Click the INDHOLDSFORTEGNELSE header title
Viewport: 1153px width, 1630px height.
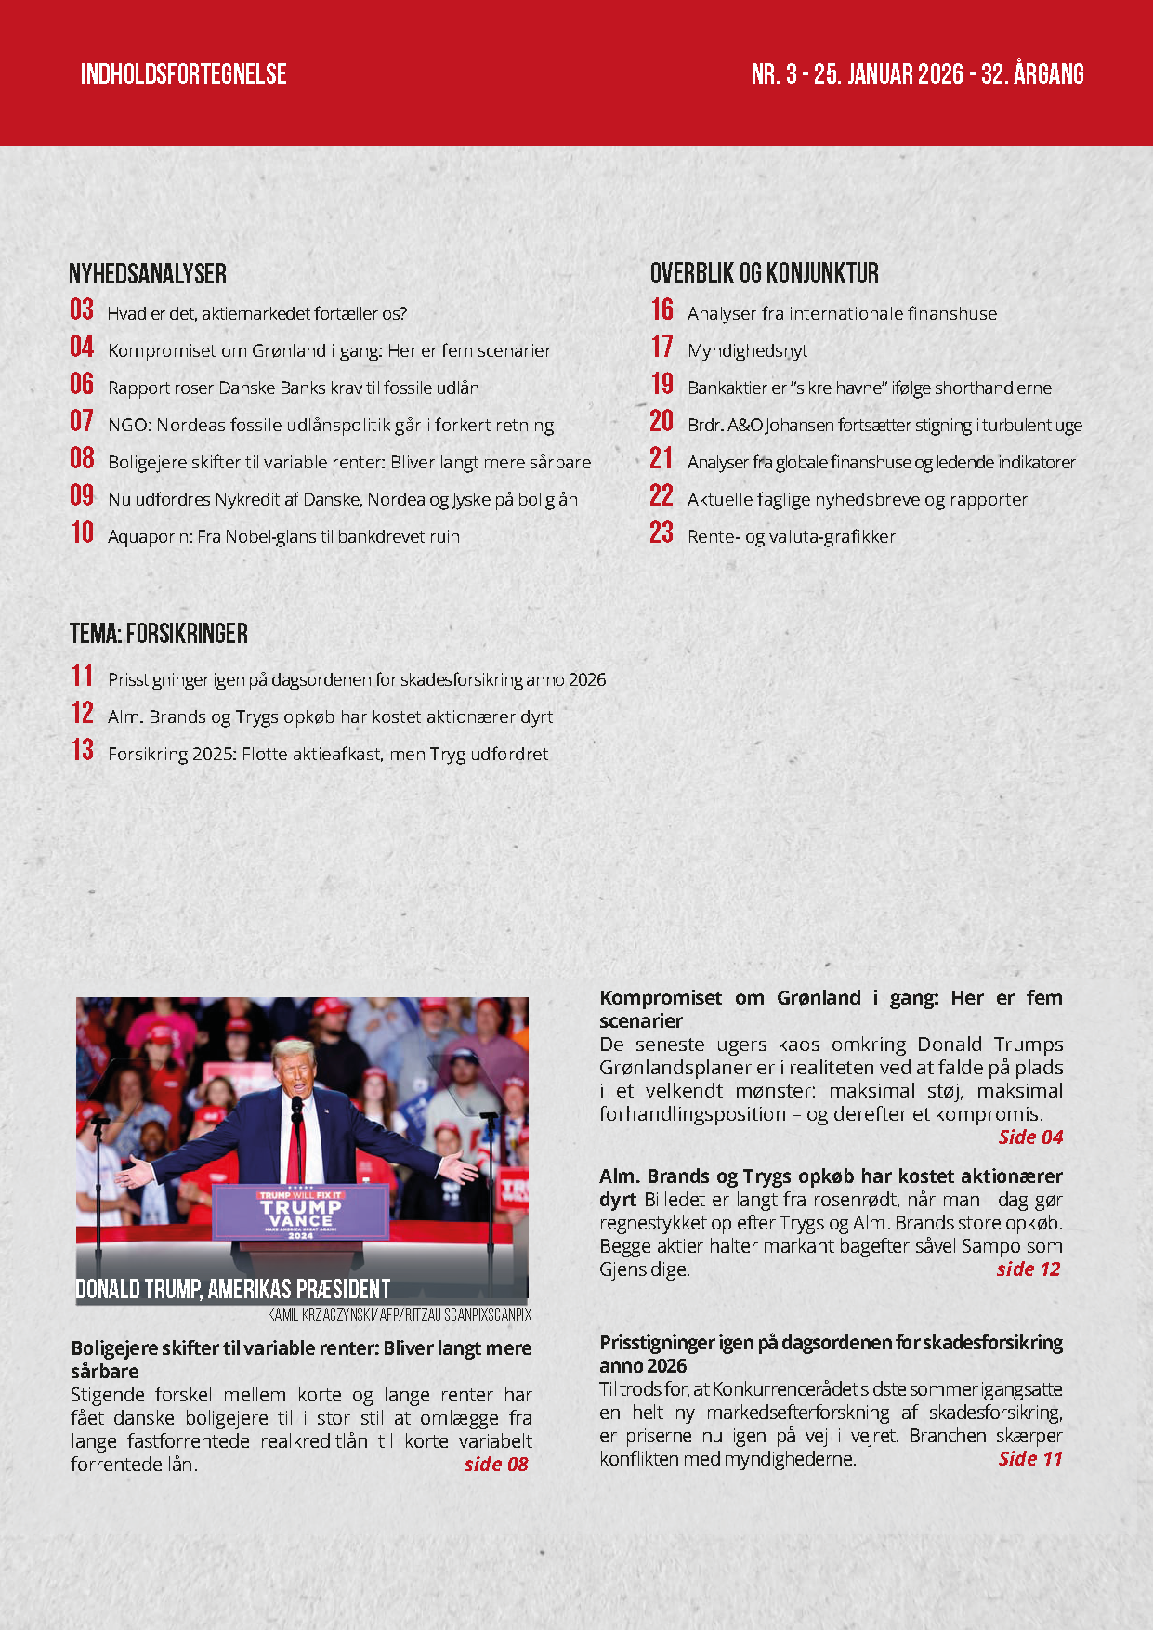183,74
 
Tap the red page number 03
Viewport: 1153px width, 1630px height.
82,309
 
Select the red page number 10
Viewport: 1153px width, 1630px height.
83,532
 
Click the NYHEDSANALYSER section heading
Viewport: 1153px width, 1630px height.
148,274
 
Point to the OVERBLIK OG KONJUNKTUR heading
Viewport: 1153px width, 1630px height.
764,273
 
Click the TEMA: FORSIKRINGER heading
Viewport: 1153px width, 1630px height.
159,634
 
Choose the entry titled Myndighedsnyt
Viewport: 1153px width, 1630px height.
747,351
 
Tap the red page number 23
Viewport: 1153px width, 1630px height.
662,532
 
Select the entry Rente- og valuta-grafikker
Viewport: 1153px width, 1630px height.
792,537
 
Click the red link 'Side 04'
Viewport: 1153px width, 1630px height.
1030,1137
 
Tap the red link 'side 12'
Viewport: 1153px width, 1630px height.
1028,1269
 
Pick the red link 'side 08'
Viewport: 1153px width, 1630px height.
496,1465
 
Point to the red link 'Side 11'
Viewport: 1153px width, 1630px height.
1030,1459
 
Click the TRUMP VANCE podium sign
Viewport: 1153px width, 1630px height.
300,1212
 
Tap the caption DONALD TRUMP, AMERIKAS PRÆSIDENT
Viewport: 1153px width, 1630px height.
232,1290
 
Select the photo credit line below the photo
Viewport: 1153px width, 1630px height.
400,1316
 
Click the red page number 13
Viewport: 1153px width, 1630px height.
83,750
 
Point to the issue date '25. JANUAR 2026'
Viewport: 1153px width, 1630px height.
888,74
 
